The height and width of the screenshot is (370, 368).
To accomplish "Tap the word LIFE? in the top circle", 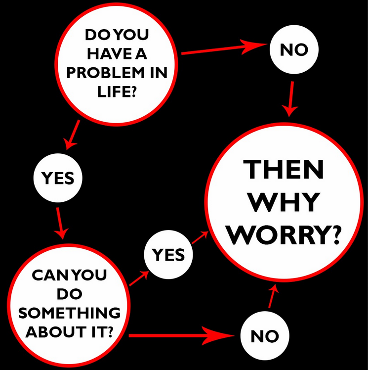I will click(118, 92).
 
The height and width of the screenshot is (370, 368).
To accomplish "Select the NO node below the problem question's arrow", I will click(293, 49).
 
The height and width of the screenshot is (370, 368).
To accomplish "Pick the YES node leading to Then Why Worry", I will click(168, 255).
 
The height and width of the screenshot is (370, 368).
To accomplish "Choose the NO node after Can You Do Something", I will click(265, 336).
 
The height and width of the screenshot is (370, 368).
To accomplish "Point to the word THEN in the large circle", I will click(286, 170).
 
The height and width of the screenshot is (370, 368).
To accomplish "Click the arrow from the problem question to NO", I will click(222, 48).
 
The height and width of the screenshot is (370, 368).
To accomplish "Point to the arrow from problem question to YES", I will click(72, 134).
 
